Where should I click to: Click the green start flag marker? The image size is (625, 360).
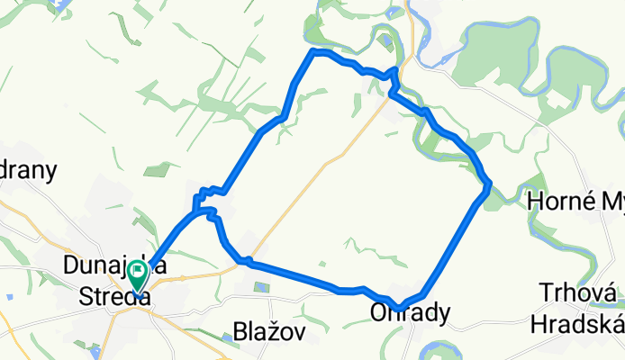coord(138,274)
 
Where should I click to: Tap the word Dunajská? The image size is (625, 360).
coord(105,265)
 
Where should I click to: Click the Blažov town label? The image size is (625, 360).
coord(267,332)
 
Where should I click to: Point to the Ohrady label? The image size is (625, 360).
coord(407,313)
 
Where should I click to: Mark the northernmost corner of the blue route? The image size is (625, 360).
coord(313,52)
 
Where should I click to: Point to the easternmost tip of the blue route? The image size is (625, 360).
coord(489,187)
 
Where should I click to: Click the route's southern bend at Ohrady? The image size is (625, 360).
coord(398,307)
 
